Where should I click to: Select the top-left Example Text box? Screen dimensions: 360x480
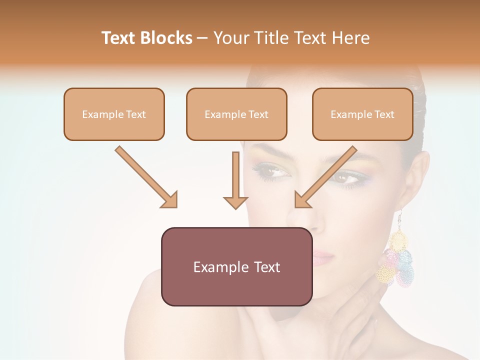114,114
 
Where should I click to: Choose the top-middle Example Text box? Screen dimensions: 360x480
236,114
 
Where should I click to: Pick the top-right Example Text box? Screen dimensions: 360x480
362,114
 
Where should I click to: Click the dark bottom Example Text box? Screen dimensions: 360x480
236,266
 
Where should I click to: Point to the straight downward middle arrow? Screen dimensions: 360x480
235,180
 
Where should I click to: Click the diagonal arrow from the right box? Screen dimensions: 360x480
325,177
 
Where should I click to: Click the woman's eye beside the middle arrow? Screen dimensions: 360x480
272,172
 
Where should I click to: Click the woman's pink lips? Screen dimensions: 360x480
322,257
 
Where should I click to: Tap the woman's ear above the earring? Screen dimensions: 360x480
417,180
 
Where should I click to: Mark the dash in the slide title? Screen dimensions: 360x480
202,38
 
